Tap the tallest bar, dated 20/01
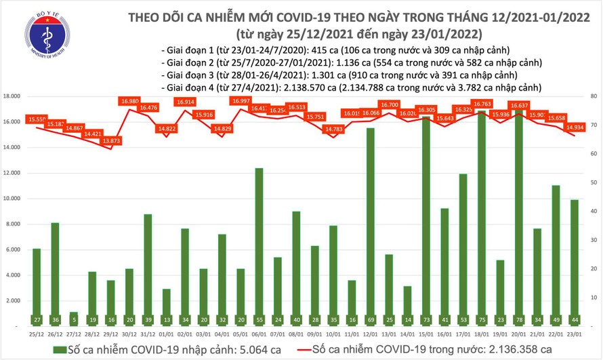(518, 217)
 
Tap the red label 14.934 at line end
(574, 126)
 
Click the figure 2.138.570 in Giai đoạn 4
(298, 87)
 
